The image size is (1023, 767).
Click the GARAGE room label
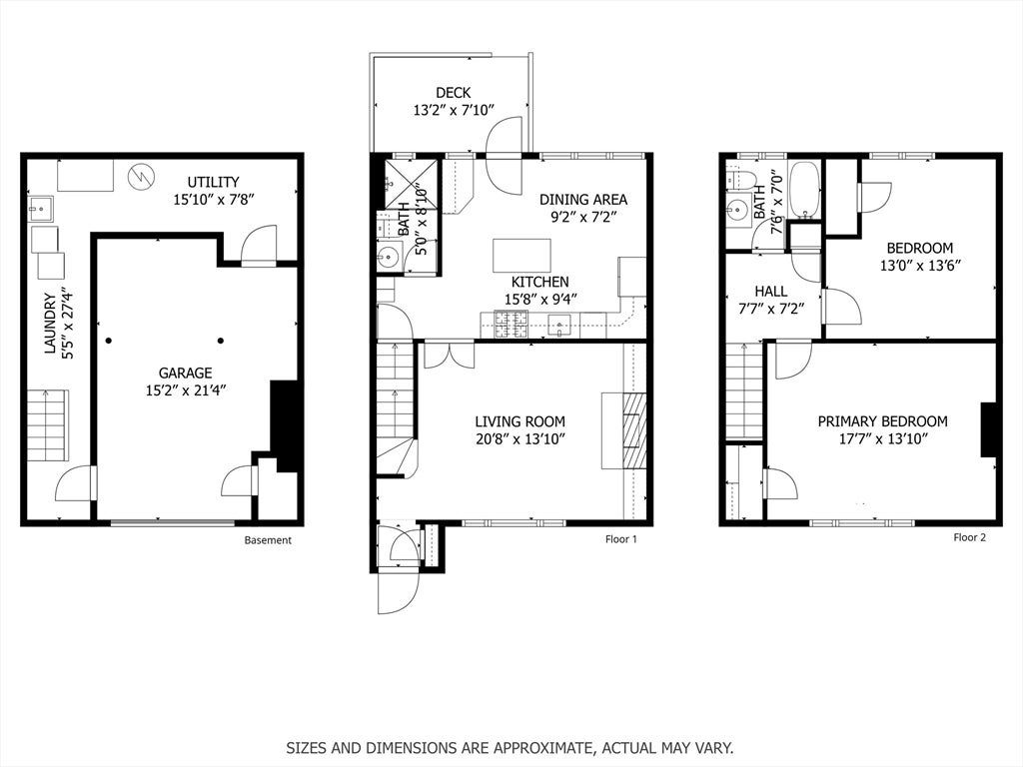point(185,374)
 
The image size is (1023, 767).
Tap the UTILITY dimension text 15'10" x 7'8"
point(214,199)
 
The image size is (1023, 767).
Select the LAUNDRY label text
point(50,325)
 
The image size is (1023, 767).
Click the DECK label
point(453,93)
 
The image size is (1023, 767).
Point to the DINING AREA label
point(583,200)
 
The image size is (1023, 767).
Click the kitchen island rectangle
point(521,256)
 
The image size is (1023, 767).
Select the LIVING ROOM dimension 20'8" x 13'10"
point(519,439)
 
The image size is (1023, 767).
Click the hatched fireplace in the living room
point(633,430)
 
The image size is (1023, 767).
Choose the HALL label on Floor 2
point(770,292)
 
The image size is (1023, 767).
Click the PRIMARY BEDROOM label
point(883,421)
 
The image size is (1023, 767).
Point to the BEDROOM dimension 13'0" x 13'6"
point(920,266)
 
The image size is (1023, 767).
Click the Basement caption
point(268,540)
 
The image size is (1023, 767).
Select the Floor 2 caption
point(969,537)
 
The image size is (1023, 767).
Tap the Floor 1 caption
point(621,538)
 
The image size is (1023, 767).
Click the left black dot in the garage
point(108,341)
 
